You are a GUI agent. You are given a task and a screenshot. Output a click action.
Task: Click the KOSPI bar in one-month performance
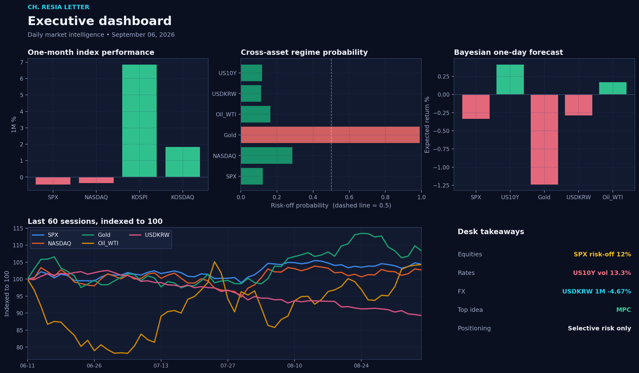[139, 121]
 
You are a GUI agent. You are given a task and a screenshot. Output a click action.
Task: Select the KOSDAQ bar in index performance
[183, 162]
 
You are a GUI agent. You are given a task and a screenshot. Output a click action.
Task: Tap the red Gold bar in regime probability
[330, 135]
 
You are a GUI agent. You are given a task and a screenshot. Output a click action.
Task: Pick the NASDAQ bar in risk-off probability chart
[266, 155]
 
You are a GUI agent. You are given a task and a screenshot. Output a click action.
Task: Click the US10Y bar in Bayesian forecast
[510, 79]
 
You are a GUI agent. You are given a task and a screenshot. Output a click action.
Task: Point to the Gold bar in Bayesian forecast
[544, 139]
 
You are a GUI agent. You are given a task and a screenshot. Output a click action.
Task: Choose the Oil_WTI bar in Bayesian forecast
[613, 88]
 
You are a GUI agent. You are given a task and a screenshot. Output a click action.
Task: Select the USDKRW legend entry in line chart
[149, 235]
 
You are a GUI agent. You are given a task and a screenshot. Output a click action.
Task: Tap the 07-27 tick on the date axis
[228, 366]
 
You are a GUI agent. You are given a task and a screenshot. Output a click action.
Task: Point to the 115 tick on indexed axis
[18, 228]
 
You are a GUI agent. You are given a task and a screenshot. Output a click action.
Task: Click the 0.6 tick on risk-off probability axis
[349, 197]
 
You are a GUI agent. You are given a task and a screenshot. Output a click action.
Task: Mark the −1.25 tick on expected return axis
[441, 186]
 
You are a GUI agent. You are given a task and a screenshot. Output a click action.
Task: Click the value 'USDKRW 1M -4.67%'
[596, 292]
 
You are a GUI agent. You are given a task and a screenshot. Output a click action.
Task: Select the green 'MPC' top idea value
[624, 310]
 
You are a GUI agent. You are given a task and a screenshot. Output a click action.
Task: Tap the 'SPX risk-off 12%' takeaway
[602, 254]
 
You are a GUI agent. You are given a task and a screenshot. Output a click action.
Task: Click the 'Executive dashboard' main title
[100, 21]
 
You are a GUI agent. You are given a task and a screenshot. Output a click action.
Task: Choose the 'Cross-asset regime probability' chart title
[304, 53]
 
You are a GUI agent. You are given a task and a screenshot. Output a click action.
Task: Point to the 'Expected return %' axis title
[427, 125]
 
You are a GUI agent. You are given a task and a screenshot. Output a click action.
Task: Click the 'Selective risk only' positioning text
[600, 328]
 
